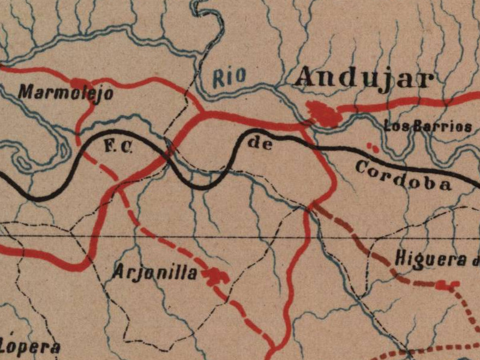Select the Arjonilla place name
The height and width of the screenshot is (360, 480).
pyautogui.click(x=155, y=273)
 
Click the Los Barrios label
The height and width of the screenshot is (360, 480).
pyautogui.click(x=428, y=127)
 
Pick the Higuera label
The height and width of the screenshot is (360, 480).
pyautogui.click(x=435, y=259)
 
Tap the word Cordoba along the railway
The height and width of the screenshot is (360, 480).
pyautogui.click(x=403, y=175)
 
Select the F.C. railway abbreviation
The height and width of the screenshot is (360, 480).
pyautogui.click(x=116, y=146)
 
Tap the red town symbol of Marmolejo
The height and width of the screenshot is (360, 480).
pyautogui.click(x=80, y=83)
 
